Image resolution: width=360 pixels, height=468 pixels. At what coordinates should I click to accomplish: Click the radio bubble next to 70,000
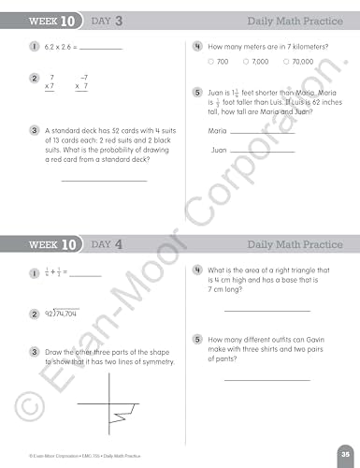coord(286,61)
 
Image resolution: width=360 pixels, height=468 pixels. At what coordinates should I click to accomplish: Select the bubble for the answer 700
coord(211,61)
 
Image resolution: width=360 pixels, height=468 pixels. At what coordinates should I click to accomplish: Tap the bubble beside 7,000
coord(246,61)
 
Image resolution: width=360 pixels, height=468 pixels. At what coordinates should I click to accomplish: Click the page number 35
coord(345,453)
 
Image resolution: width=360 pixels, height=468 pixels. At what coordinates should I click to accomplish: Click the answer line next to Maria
coord(262,133)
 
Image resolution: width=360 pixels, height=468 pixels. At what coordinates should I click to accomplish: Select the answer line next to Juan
coord(262,151)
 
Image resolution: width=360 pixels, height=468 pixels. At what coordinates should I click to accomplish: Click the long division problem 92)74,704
coord(60,313)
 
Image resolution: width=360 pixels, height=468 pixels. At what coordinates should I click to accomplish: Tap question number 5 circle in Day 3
coord(197,93)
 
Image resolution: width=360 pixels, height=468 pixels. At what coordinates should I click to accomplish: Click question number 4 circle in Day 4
coord(197,270)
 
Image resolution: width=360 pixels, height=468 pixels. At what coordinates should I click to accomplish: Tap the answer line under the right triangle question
coord(266,310)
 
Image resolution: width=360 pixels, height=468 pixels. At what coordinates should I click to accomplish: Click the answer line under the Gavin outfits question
coord(266,379)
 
